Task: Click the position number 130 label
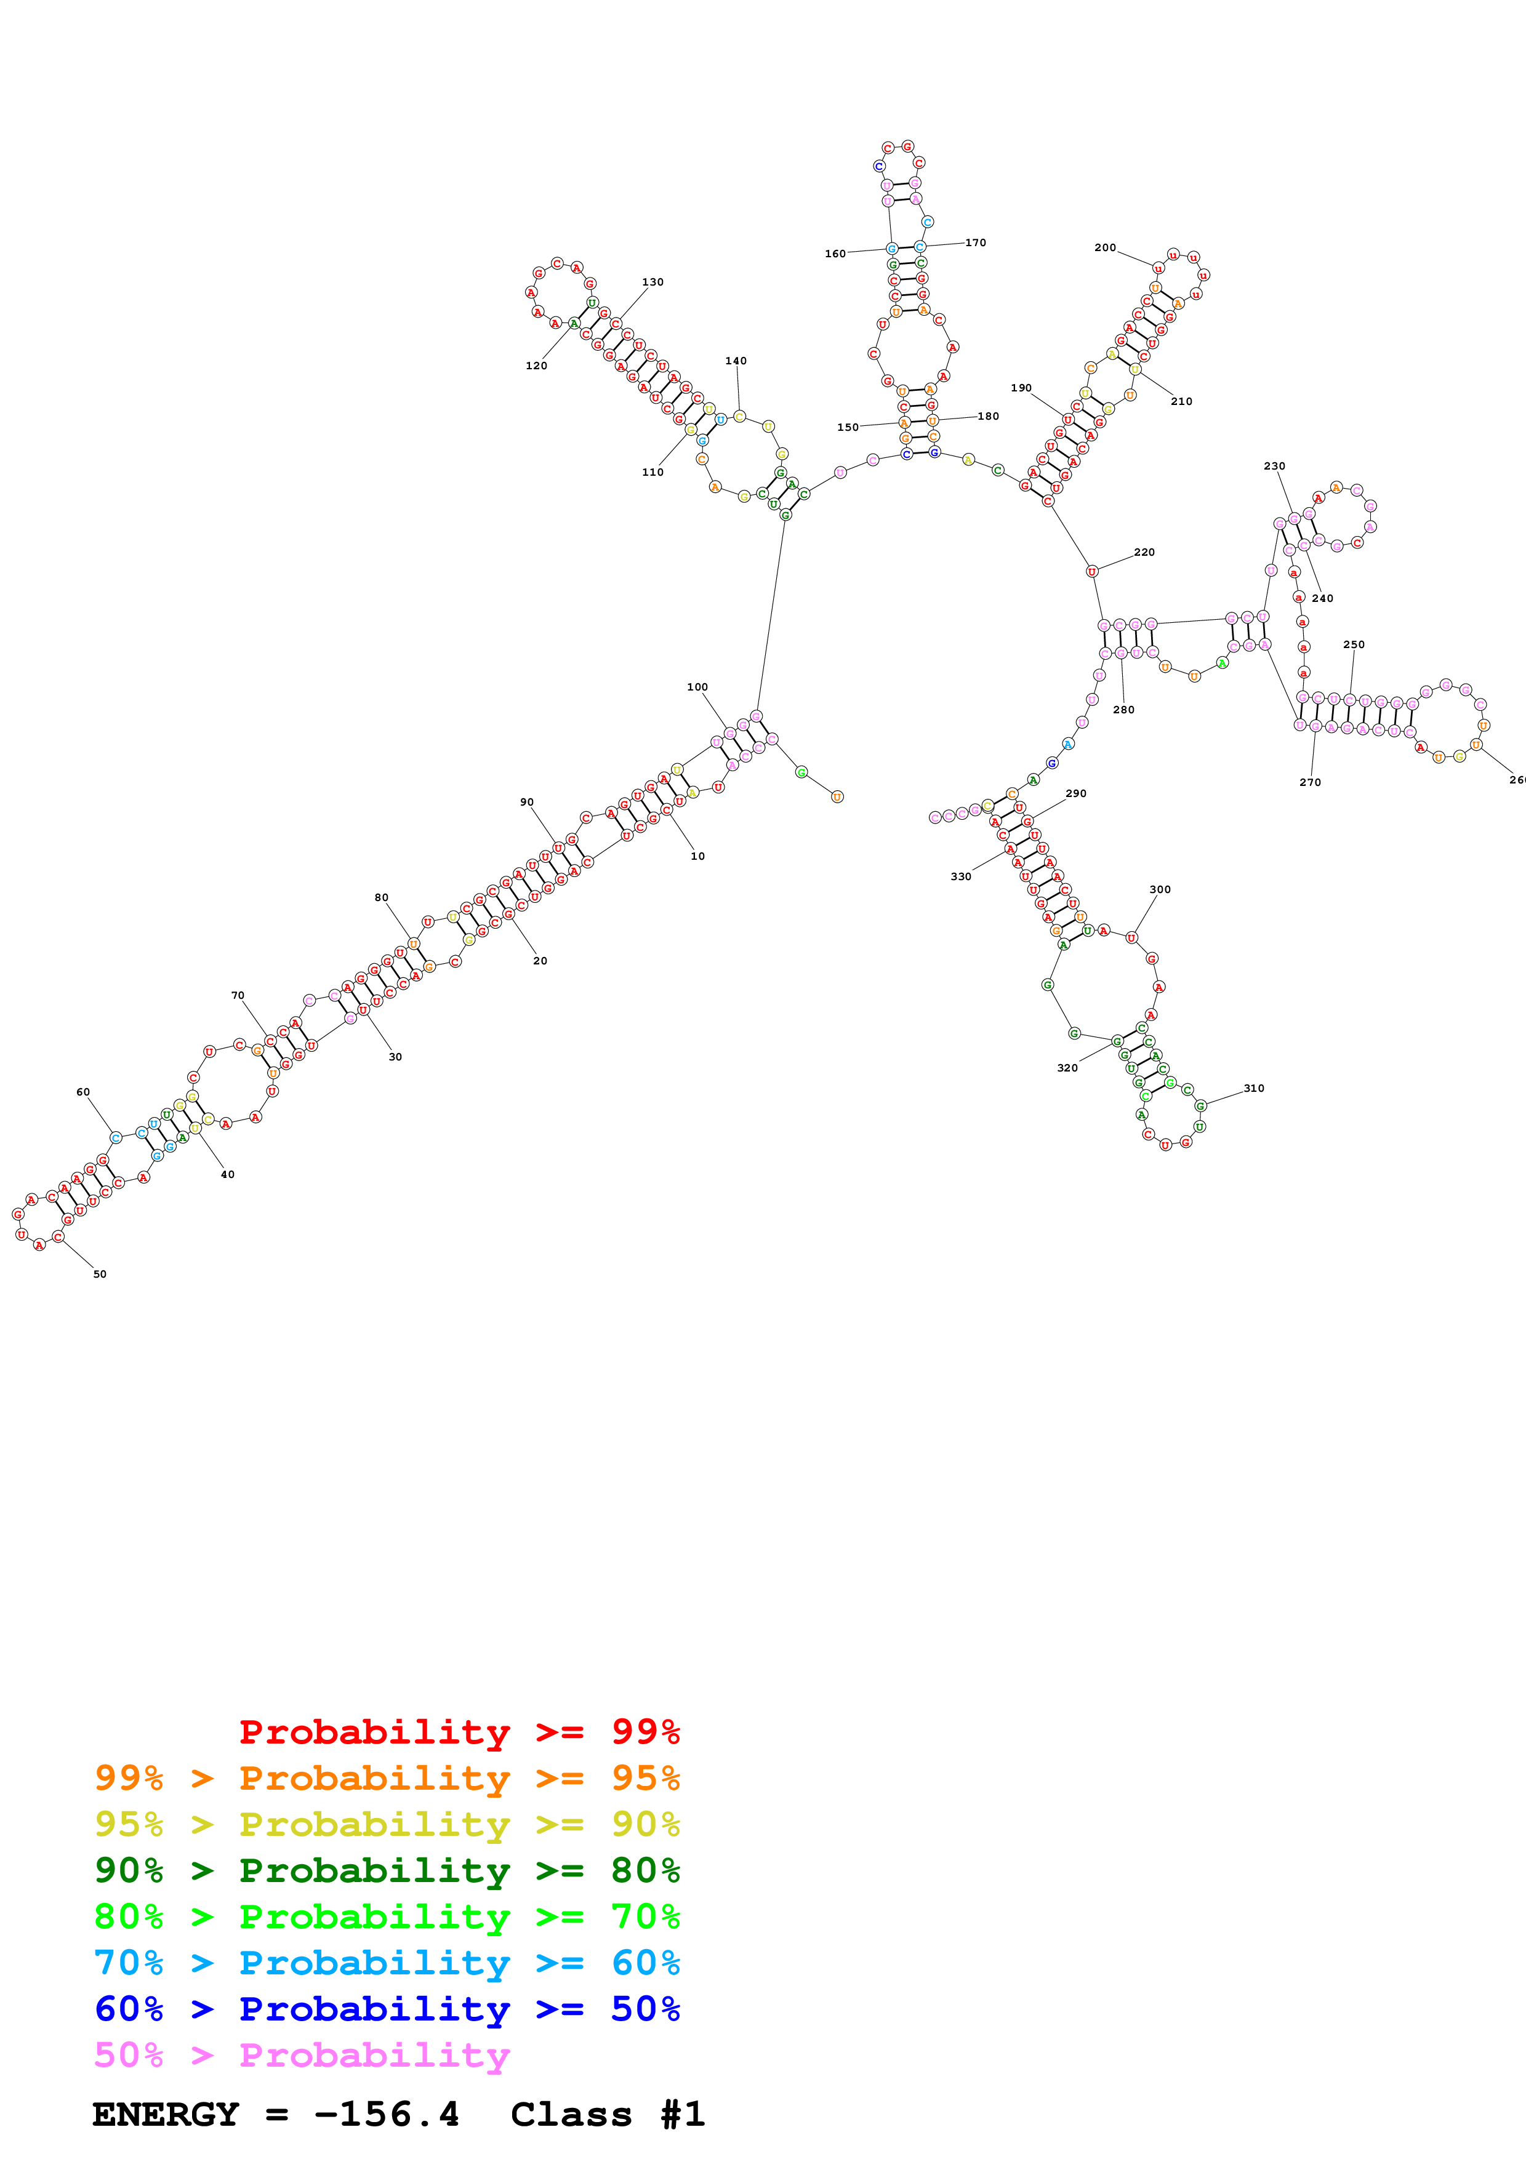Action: [x=653, y=282]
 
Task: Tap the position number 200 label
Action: [x=1105, y=248]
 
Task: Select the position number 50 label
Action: [x=100, y=1274]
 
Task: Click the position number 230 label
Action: [x=1274, y=467]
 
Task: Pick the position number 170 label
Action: [x=976, y=242]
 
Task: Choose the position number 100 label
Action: [x=697, y=687]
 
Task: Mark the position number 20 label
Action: [x=540, y=961]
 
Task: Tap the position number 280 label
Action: [x=1123, y=710]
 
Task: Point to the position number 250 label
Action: [x=1353, y=645]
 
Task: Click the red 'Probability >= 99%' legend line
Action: [x=459, y=1732]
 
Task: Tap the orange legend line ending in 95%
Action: [x=387, y=1778]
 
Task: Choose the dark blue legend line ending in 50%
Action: [x=387, y=2009]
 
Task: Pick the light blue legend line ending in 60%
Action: [x=387, y=1963]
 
